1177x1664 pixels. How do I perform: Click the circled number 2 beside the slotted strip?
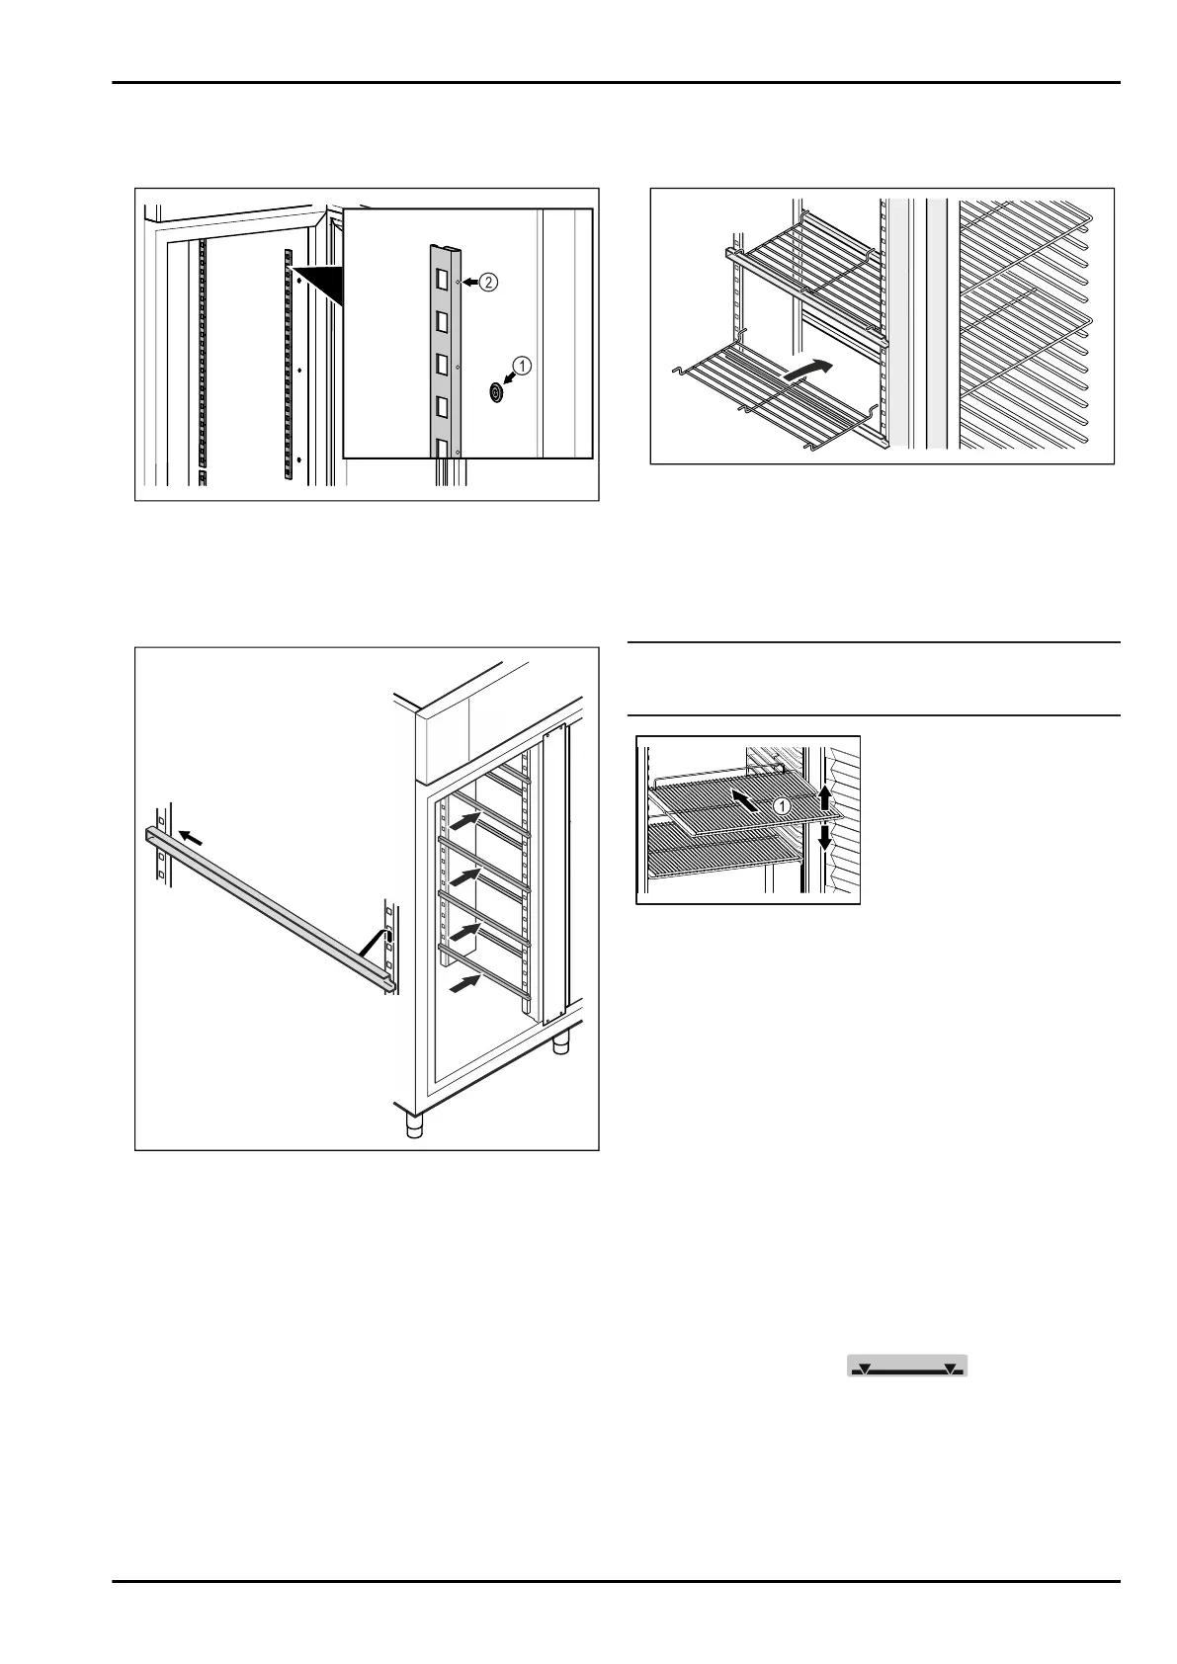click(490, 282)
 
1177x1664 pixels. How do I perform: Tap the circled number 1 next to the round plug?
click(523, 365)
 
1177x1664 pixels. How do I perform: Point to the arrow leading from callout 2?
click(471, 283)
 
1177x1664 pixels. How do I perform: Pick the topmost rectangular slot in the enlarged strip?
click(443, 281)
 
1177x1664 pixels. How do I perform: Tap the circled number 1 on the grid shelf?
click(782, 806)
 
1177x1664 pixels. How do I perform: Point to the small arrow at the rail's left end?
click(192, 838)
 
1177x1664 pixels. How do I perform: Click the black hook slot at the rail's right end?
click(388, 937)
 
